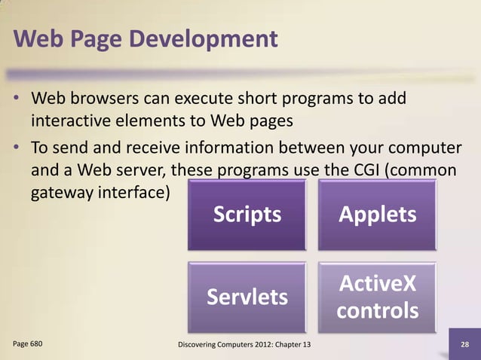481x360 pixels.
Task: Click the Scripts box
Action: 247,215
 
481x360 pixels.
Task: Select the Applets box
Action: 377,215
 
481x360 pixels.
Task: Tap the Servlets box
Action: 247,297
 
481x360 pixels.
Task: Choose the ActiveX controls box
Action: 377,297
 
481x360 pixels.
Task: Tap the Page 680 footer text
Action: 28,343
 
